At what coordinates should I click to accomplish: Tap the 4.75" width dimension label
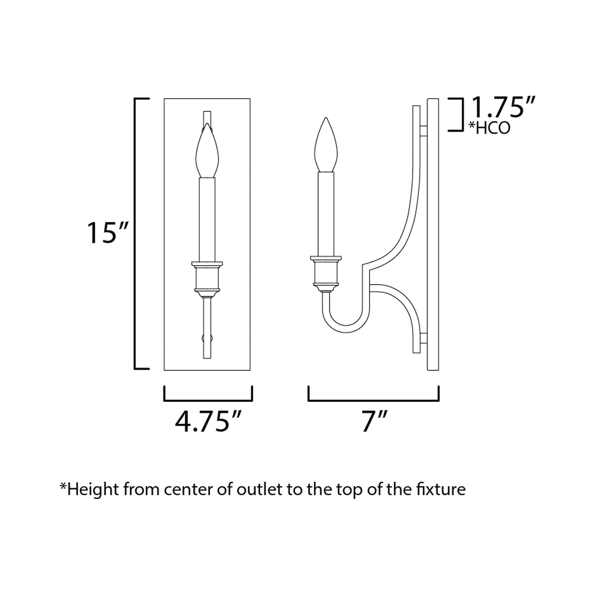coord(207,421)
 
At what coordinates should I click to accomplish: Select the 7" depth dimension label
coord(374,421)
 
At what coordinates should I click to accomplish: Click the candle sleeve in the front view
coord(207,219)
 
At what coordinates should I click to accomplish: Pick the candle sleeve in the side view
coord(326,213)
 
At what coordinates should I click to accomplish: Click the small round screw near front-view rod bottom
coord(207,338)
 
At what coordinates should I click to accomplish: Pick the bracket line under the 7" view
coord(374,401)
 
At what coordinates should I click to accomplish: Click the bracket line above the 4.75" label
coord(208,401)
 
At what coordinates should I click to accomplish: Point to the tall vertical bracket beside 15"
coord(135,233)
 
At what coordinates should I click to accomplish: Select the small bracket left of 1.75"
coord(462,115)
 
